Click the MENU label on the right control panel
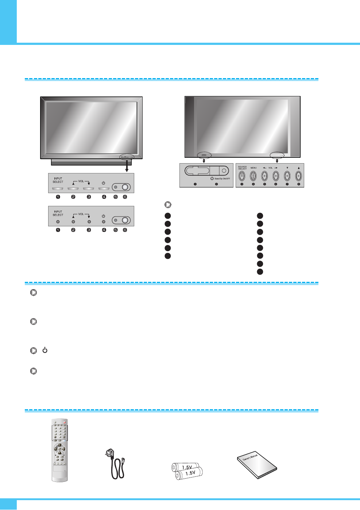pyautogui.click(x=253, y=168)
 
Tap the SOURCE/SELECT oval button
pyautogui.click(x=242, y=176)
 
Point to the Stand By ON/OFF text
pyautogui.click(x=222, y=179)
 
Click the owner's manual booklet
pyautogui.click(x=257, y=466)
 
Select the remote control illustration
pyautogui.click(x=60, y=450)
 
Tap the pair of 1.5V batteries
pyautogui.click(x=187, y=471)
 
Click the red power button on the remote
pyautogui.click(x=65, y=422)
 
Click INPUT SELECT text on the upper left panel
pyautogui.click(x=58, y=180)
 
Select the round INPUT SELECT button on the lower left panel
pyautogui.click(x=58, y=222)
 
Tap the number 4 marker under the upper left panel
pyautogui.click(x=104, y=197)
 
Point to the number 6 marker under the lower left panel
pyautogui.click(x=125, y=230)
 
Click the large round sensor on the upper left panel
pyautogui.click(x=125, y=187)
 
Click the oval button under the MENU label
pyautogui.click(x=253, y=176)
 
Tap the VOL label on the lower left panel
pyautogui.click(x=81, y=214)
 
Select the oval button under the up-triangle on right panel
pyautogui.click(x=298, y=176)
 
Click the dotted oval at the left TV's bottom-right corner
pyautogui.click(x=127, y=157)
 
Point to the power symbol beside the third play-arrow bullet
pyautogui.click(x=45, y=350)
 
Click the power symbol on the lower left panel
pyautogui.click(x=104, y=216)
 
